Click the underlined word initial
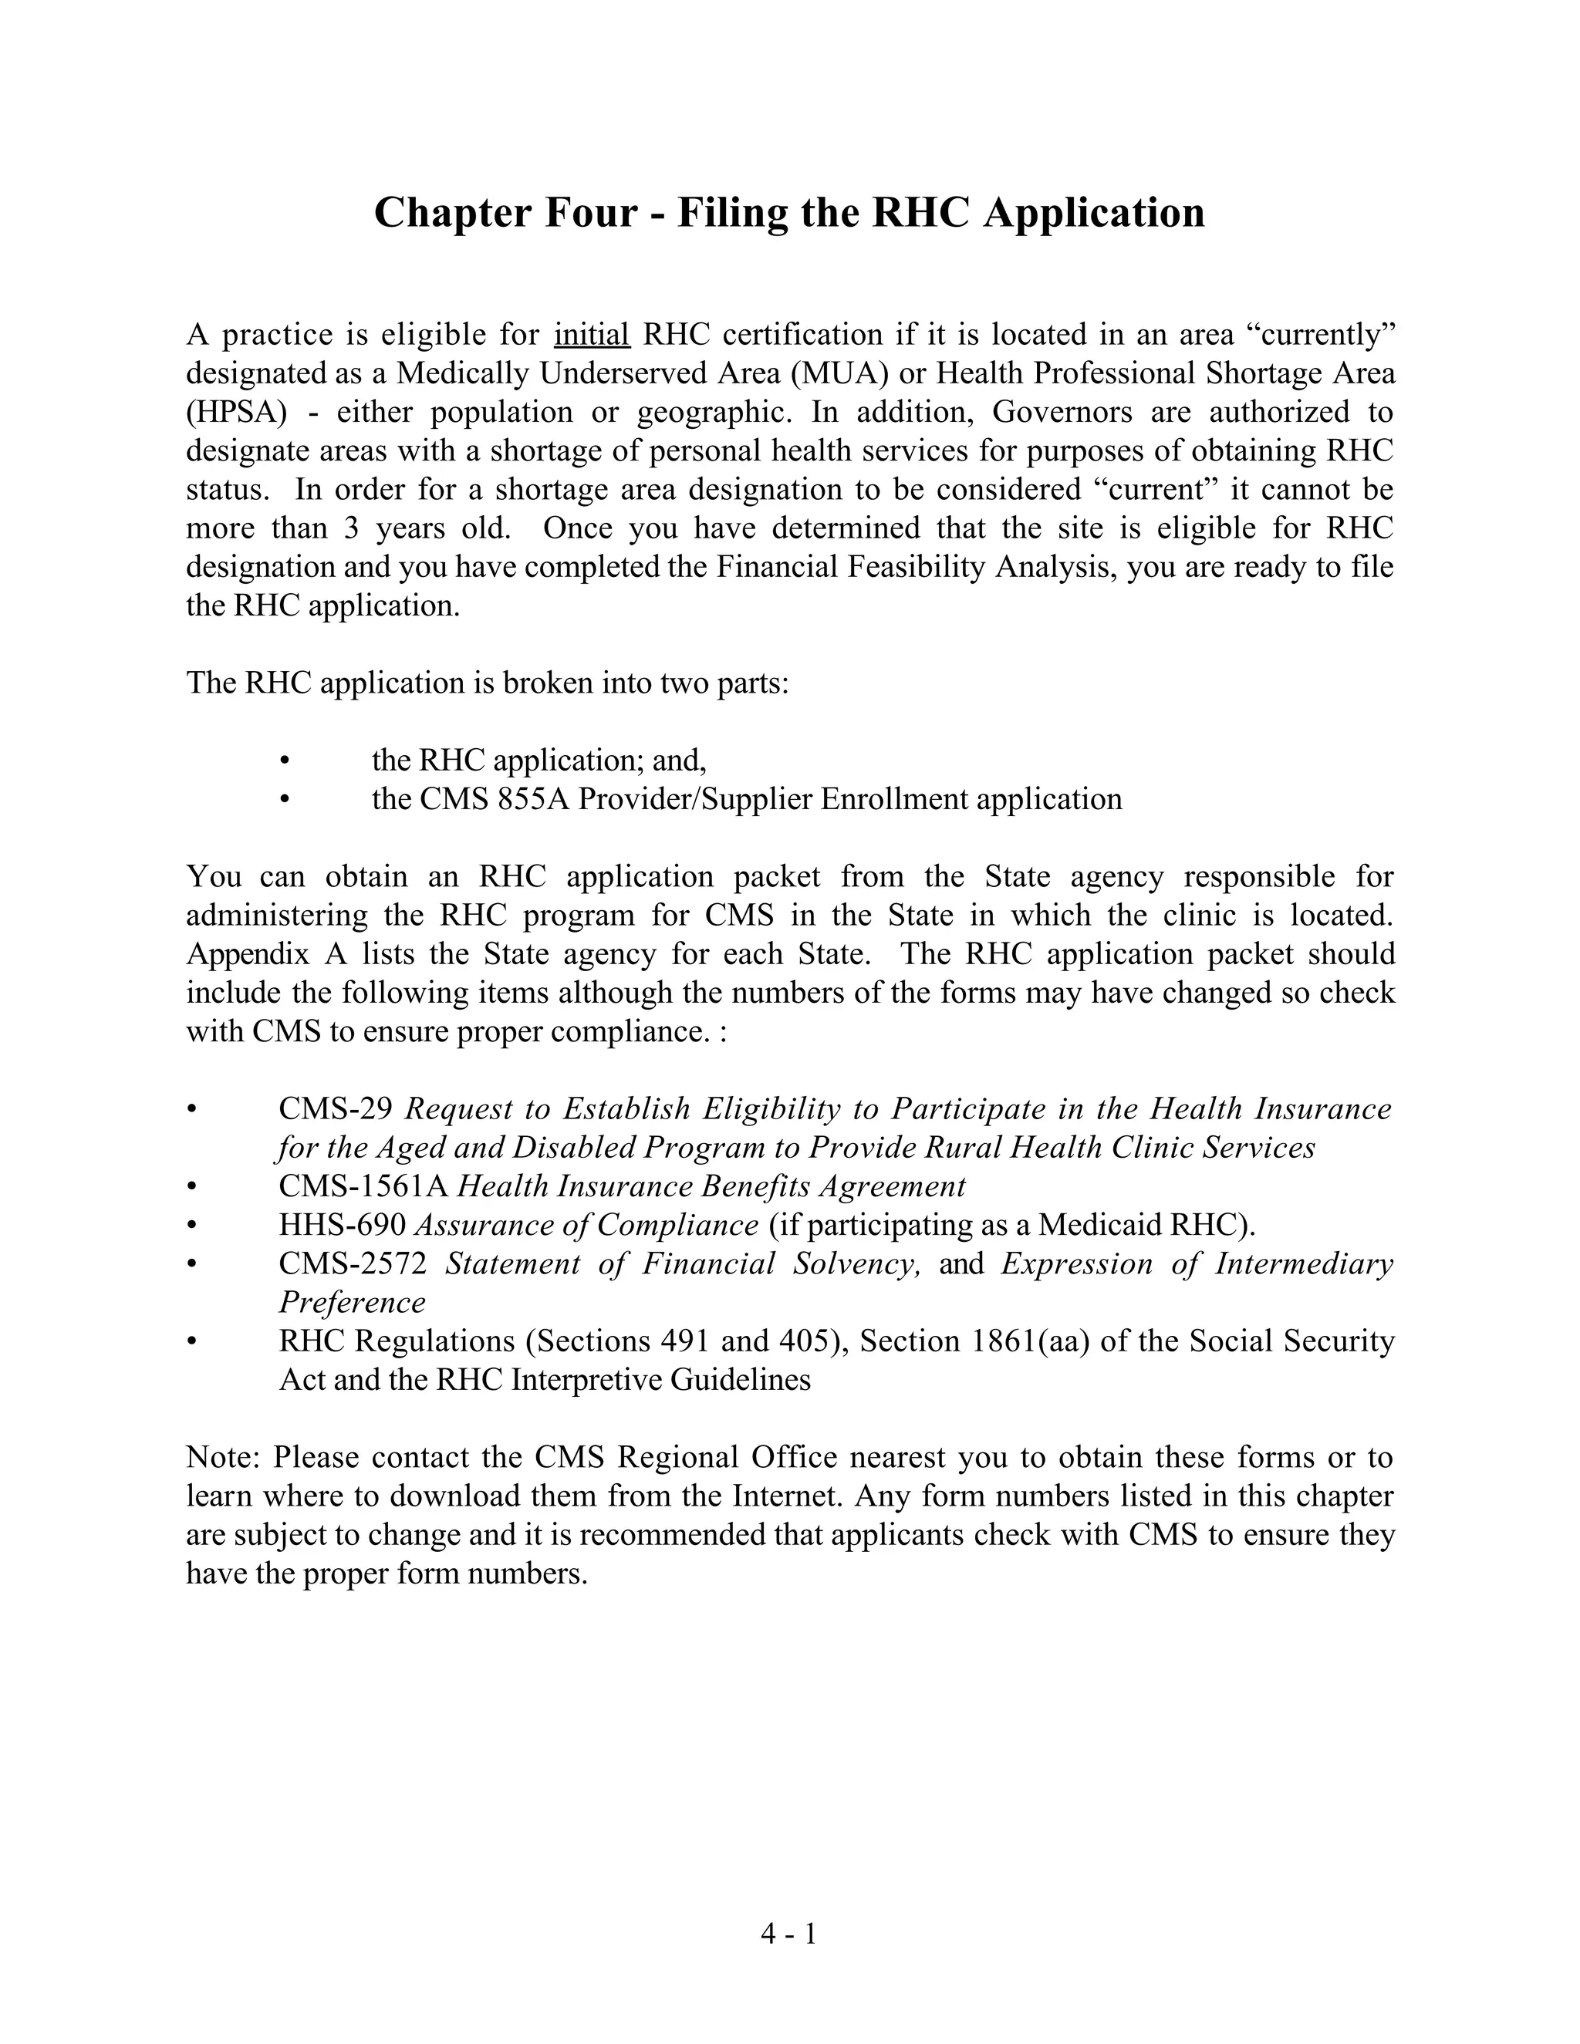592,334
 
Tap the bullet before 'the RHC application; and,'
285,760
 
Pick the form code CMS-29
335,1109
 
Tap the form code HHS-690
342,1225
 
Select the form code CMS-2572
352,1264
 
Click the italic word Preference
351,1303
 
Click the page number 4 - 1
788,1934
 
